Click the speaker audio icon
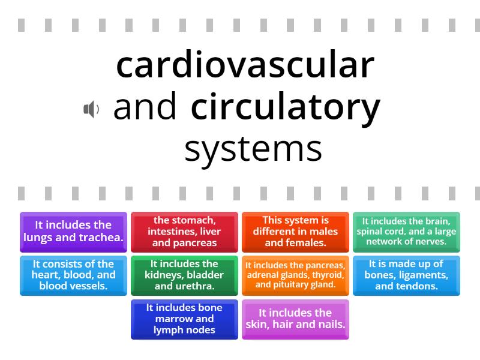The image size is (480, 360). (x=91, y=109)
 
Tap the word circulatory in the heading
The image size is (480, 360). (x=286, y=108)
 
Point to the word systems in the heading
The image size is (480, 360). (x=253, y=149)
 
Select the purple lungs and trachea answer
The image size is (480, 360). (x=73, y=232)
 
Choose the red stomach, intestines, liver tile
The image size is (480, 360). (x=184, y=232)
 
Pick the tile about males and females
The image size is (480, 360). (x=295, y=232)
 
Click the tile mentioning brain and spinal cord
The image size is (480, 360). (x=406, y=232)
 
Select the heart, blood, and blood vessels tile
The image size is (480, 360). (x=73, y=275)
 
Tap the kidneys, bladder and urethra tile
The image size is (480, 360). (x=184, y=275)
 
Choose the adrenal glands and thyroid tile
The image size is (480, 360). (x=295, y=275)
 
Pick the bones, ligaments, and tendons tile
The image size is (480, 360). (x=406, y=275)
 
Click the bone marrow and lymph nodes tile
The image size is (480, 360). (x=184, y=319)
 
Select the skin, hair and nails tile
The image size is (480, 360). (x=295, y=319)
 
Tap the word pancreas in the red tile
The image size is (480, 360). (x=195, y=243)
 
